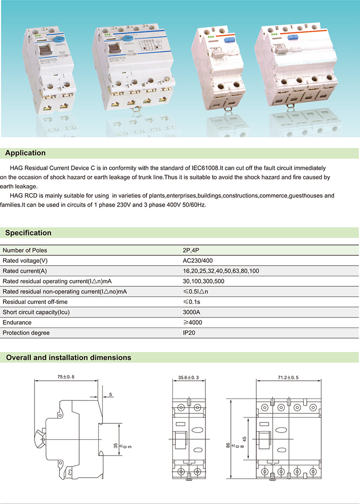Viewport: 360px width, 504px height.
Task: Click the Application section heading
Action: point(25,153)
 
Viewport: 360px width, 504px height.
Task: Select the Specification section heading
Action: point(28,233)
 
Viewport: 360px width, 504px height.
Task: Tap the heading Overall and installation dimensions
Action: point(68,358)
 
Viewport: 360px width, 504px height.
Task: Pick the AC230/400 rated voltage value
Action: point(197,260)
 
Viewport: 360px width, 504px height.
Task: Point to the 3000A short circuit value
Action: point(192,312)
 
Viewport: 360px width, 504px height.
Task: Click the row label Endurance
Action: point(17,323)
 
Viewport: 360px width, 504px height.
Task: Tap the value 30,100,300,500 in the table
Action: point(204,281)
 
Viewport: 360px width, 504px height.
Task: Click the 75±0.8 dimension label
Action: point(66,377)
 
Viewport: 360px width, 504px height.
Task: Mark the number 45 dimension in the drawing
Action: point(244,438)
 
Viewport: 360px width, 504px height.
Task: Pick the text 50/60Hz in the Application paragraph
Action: point(193,205)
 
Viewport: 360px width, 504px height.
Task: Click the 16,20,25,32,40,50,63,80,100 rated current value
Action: point(221,271)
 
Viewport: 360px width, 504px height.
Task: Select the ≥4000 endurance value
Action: point(192,323)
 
